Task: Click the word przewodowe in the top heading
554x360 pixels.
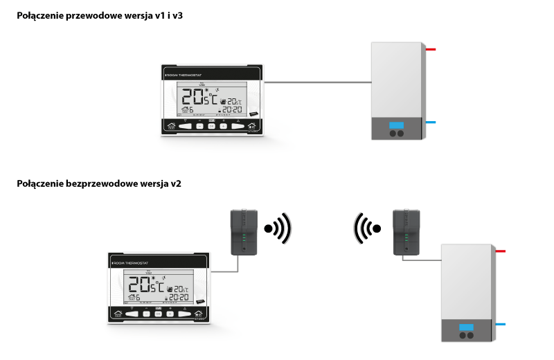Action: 91,15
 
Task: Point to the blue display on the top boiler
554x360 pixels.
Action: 397,126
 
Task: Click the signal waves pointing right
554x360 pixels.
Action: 280,227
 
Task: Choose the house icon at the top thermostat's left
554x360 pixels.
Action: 172,126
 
